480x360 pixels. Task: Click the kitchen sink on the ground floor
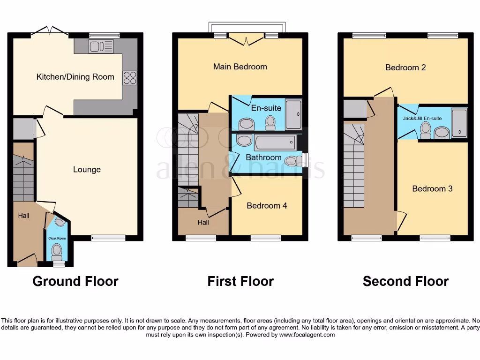pos(101,46)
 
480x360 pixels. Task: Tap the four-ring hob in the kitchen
pos(130,77)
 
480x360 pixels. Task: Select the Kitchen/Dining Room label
pos(75,77)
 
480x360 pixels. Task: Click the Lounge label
pos(87,169)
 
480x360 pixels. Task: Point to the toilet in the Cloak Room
pos(57,253)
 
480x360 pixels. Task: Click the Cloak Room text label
pos(57,238)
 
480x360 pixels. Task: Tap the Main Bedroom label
pos(240,67)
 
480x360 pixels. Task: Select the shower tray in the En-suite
pos(293,114)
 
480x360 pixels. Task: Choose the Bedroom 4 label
pos(267,205)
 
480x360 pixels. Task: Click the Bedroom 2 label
pos(405,67)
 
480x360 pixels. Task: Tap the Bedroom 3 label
pos(432,188)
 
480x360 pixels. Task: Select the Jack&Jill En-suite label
pos(422,118)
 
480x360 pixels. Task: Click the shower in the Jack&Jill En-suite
pos(459,123)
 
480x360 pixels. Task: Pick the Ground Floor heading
pos(75,281)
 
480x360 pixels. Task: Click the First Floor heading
pos(240,281)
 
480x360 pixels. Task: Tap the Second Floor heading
pos(405,281)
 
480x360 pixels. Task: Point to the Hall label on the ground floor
pos(23,216)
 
